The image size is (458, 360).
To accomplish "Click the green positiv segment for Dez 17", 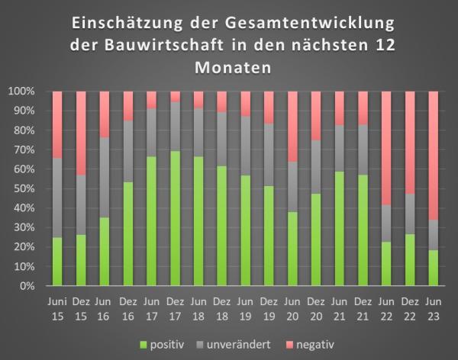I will click(176, 218).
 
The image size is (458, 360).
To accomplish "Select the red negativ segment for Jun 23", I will click(434, 156).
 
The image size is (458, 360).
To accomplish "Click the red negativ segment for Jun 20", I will click(293, 126).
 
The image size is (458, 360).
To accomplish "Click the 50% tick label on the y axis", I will click(25, 188).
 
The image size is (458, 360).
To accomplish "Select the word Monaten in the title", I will click(229, 67).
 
